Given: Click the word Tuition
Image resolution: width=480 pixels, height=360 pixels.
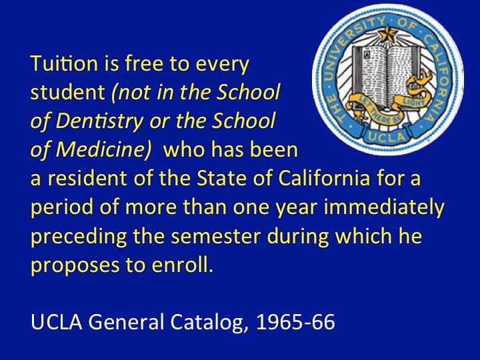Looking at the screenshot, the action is coord(64,63).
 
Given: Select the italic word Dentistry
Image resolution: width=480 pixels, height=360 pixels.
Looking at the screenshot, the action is coord(99,121).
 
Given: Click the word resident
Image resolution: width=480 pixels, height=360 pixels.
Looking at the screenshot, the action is coord(87,178).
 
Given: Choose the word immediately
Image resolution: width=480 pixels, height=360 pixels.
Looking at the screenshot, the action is coord(384,207).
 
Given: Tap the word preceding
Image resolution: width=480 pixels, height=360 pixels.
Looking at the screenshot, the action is coord(79,237).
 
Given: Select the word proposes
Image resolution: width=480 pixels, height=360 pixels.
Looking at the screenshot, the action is coord(75,266).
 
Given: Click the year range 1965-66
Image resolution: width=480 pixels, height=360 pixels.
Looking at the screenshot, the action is coord(295,322).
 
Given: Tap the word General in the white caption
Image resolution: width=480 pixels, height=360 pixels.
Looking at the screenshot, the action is coord(126,322).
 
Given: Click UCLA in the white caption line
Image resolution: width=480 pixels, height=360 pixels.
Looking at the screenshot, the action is coord(57,322).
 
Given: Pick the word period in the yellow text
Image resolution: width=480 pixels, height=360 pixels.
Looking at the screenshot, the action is coord(62,207).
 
